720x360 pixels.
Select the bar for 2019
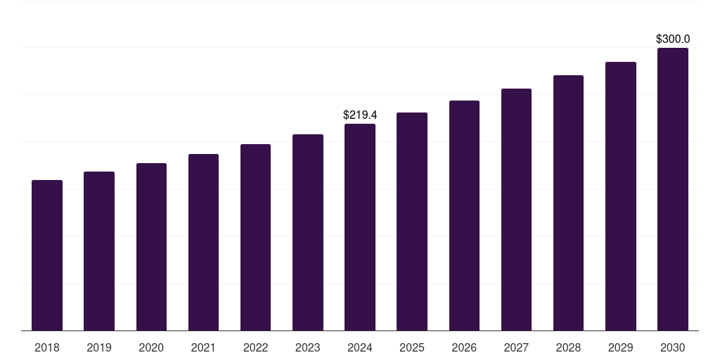pyautogui.click(x=99, y=251)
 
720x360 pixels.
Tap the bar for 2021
pyautogui.click(x=203, y=242)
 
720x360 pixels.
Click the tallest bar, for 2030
pyautogui.click(x=672, y=189)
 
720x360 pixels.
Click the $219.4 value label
pyautogui.click(x=360, y=115)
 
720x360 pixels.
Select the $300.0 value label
pyautogui.click(x=672, y=39)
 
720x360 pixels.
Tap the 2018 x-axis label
pyautogui.click(x=47, y=347)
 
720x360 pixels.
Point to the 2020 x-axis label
pyautogui.click(x=151, y=347)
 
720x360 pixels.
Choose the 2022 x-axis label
pyautogui.click(x=255, y=347)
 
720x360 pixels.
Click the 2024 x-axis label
pyautogui.click(x=360, y=347)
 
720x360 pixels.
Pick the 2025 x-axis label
pyautogui.click(x=412, y=347)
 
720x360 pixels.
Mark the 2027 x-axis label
pyautogui.click(x=516, y=347)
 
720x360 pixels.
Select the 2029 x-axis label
pyautogui.click(x=620, y=347)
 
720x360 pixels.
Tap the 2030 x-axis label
pyautogui.click(x=672, y=347)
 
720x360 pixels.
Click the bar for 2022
pyautogui.click(x=255, y=237)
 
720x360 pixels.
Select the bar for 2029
pyautogui.click(x=620, y=196)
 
